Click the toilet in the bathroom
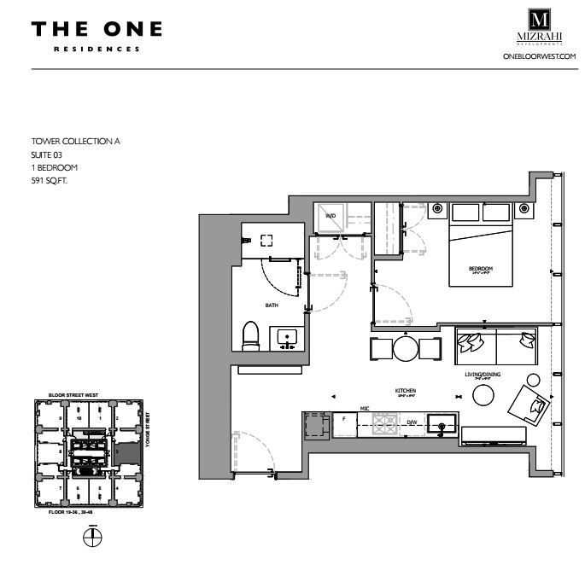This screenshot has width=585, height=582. click(250, 335)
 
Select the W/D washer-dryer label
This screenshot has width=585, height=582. click(329, 217)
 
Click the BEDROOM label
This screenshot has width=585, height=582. click(481, 269)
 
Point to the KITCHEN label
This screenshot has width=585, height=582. click(404, 391)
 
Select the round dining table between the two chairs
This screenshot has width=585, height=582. click(405, 348)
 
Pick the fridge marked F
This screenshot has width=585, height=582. click(343, 423)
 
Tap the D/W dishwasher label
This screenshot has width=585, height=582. click(411, 422)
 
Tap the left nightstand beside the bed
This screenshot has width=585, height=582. click(436, 207)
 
